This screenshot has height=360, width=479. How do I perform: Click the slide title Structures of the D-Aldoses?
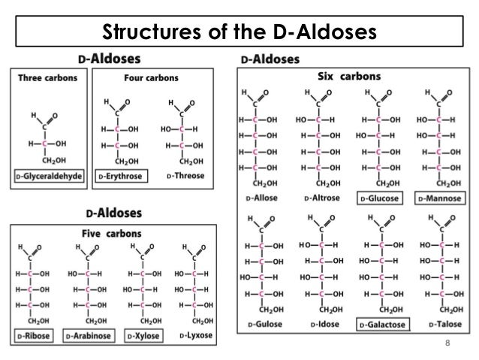point(239,33)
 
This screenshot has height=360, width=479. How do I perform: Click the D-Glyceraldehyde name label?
point(50,177)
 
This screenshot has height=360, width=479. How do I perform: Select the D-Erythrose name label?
point(120,177)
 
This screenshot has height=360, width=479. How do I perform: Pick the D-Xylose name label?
point(143,334)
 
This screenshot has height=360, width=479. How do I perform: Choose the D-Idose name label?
point(318,324)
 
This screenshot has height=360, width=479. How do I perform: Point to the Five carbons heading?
point(113,233)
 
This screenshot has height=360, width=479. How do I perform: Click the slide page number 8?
point(447,344)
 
